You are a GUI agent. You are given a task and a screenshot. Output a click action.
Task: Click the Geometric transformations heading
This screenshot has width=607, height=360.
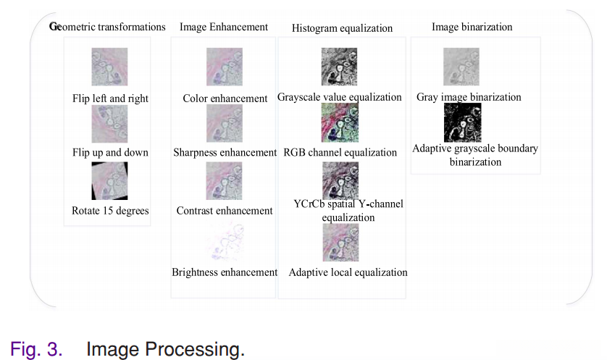(107, 27)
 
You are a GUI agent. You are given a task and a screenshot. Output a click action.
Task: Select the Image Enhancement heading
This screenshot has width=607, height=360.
(223, 27)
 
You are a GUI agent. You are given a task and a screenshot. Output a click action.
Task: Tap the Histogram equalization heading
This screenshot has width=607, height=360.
(342, 28)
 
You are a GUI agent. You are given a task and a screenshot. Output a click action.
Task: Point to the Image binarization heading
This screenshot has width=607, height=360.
(472, 27)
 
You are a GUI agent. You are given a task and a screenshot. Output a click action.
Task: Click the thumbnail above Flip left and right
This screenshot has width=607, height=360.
(110, 67)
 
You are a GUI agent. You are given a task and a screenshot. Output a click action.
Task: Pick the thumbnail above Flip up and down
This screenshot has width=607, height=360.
(110, 123)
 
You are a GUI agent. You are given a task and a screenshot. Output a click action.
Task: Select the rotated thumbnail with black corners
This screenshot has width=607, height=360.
(110, 180)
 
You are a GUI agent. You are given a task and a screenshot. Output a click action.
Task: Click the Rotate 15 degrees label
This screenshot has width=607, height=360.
(110, 211)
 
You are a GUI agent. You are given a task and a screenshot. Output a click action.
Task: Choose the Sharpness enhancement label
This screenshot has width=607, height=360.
(225, 152)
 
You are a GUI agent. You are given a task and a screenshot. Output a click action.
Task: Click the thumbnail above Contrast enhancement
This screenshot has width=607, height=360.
(225, 180)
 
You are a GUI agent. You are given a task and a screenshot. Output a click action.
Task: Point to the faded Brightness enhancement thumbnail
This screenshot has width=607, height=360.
(225, 241)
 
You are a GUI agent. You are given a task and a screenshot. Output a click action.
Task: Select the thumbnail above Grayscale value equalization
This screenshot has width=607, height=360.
(340, 67)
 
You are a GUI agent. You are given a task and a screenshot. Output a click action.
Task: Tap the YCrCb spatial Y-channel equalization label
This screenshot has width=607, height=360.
(348, 210)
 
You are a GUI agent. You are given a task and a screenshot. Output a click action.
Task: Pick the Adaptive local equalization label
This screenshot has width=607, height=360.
(348, 272)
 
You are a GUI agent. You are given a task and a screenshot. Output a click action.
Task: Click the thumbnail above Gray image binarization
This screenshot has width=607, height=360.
(461, 67)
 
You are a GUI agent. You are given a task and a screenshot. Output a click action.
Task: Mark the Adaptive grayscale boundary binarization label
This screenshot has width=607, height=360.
(475, 155)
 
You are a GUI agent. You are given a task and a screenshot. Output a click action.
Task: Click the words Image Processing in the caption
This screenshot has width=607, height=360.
(165, 349)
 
